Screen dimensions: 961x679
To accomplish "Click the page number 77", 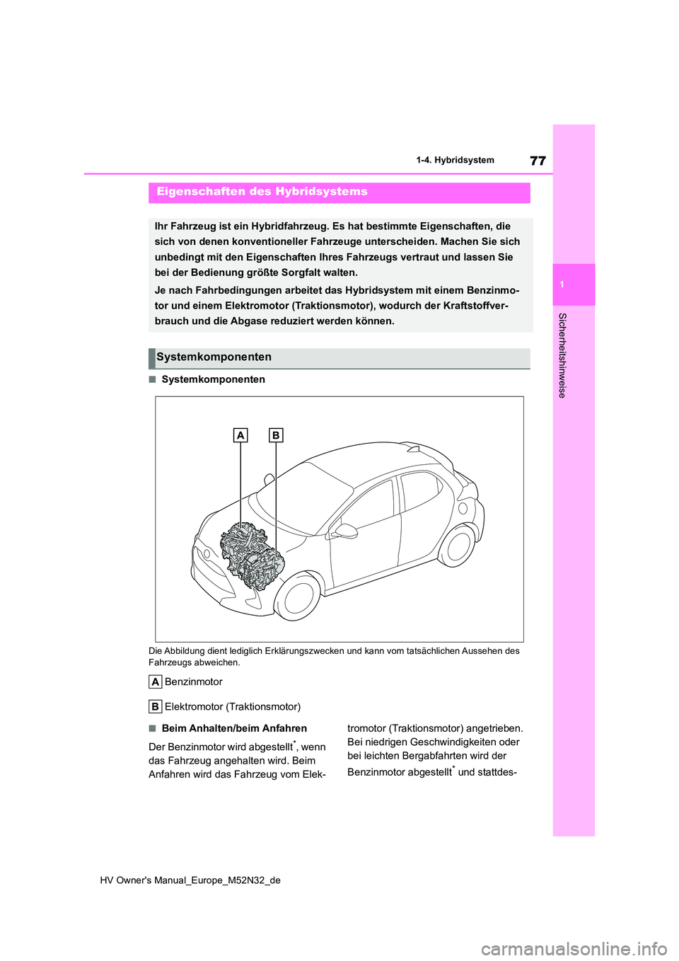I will click(538, 161).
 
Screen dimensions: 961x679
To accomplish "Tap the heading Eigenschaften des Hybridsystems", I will click(262, 192).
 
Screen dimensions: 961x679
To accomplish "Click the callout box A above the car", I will click(240, 435).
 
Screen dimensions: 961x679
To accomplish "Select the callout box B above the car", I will click(276, 435).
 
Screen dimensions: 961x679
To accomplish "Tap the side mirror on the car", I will click(346, 531).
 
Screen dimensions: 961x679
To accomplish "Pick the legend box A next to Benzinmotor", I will click(155, 681).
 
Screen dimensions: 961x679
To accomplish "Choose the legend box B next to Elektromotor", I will click(155, 706).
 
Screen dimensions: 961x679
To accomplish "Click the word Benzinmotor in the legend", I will click(193, 681).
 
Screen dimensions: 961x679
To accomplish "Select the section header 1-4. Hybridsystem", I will click(455, 161).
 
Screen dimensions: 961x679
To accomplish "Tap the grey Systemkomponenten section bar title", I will click(214, 357).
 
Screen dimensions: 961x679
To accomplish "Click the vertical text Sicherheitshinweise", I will click(562, 355).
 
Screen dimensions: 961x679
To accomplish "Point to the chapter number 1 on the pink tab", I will click(562, 284).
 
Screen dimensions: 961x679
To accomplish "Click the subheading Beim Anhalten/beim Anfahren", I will click(234, 728).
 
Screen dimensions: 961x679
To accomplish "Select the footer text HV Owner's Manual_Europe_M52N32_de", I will click(190, 880).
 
